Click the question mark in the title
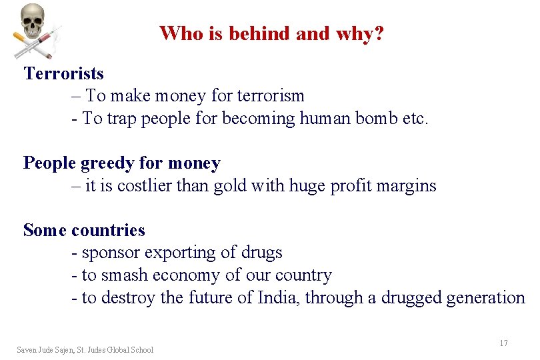(379, 33)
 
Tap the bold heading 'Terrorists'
(63, 73)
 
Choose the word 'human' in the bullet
(326, 119)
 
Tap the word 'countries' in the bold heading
(108, 230)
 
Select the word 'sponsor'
(111, 253)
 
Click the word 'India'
(278, 298)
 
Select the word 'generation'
(487, 298)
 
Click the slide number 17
(503, 343)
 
